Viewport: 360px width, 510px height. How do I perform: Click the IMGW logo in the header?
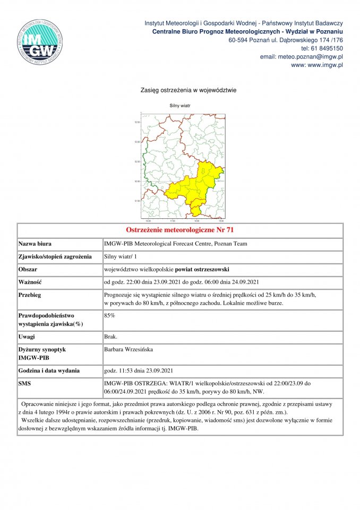(x=41, y=42)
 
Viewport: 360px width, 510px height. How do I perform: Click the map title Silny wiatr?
(x=180, y=106)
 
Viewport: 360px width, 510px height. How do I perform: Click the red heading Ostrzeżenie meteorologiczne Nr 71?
(x=179, y=231)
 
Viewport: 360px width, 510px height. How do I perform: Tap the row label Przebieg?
(x=30, y=294)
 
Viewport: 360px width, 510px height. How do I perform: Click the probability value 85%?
(x=109, y=315)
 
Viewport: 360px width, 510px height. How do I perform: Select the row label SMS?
(x=25, y=382)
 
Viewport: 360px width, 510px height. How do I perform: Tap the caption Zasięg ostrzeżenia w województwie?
(x=180, y=90)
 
